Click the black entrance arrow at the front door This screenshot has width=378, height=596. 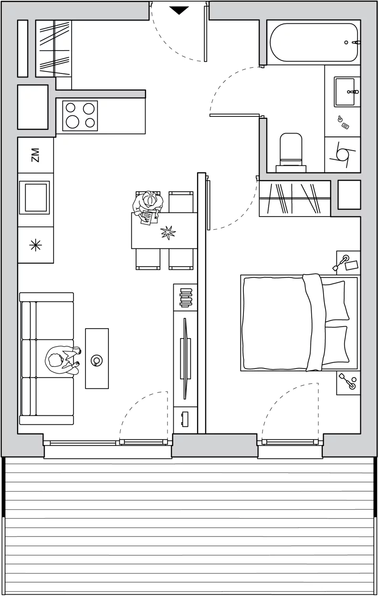click(179, 10)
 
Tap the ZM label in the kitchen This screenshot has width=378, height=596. click(35, 155)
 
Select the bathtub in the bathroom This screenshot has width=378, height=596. click(314, 42)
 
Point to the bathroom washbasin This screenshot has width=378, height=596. click(345, 92)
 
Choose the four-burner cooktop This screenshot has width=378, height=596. click(80, 116)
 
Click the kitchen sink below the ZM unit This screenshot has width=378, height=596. click(34, 197)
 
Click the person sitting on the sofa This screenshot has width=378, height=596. click(63, 360)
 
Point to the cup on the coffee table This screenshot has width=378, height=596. click(96, 360)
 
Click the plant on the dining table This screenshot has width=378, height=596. click(168, 232)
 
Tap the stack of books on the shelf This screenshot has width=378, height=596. click(186, 297)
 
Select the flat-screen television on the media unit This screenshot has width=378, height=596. click(185, 358)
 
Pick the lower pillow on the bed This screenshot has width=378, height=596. click(336, 345)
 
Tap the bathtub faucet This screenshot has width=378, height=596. click(356, 42)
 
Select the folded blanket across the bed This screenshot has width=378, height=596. click(314, 322)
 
